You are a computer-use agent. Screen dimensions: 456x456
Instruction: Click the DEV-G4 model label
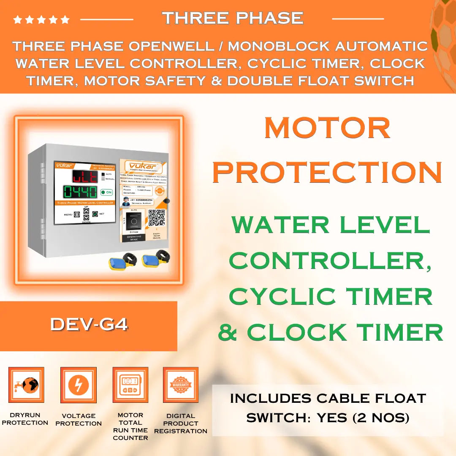tap(89, 324)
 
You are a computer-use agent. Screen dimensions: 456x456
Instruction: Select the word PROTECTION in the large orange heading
tap(327, 172)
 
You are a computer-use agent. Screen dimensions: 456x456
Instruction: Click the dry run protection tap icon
tap(26, 385)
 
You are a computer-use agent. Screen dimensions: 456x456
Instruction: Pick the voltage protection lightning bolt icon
tap(79, 385)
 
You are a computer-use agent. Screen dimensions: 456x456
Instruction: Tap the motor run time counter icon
tap(130, 385)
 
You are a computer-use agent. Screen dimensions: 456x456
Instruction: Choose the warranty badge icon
tap(181, 385)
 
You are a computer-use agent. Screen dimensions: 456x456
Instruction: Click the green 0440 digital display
tap(80, 192)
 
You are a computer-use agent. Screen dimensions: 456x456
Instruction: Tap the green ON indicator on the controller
tap(107, 192)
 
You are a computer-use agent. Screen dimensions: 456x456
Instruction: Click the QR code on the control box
tap(156, 218)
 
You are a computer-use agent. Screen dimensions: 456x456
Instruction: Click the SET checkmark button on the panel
tap(95, 214)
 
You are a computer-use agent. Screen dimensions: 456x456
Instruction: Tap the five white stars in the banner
tap(41, 19)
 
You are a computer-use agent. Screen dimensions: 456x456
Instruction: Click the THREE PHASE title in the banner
tap(233, 18)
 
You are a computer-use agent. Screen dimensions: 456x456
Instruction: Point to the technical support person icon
tap(125, 202)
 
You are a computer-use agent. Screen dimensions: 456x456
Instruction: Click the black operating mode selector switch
tap(134, 222)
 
